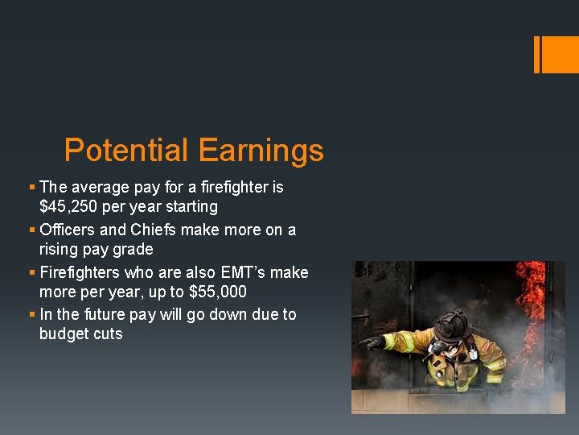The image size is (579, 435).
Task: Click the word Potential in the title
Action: [x=126, y=151]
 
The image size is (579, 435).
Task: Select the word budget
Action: [x=64, y=333]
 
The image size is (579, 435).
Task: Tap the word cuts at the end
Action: [x=108, y=333]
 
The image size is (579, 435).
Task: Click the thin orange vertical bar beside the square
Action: [x=536, y=54]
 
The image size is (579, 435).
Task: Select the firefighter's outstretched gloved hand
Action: [x=372, y=342]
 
